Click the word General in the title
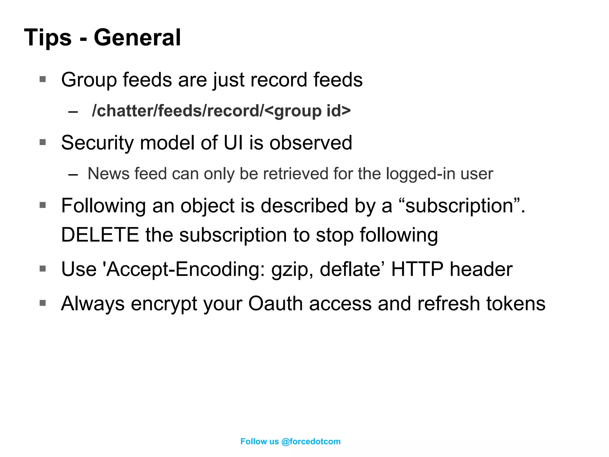137,37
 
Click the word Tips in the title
48,37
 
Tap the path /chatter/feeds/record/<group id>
221,111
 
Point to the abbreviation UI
233,143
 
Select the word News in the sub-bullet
109,174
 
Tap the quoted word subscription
459,206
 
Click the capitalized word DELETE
100,235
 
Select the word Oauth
275,303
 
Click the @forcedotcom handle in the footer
311,442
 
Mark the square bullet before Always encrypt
43,303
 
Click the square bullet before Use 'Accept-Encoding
43,269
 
